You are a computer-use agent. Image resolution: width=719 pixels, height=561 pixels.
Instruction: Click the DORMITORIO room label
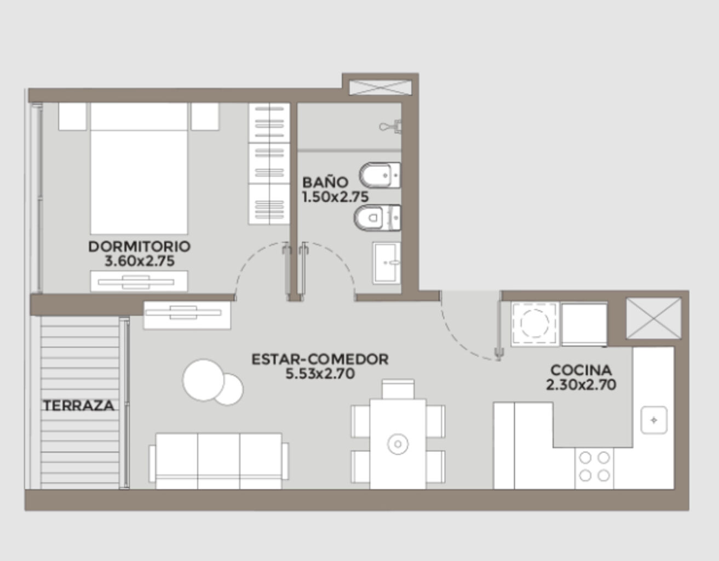coord(139,247)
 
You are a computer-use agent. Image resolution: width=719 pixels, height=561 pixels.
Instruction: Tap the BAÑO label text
coord(325,182)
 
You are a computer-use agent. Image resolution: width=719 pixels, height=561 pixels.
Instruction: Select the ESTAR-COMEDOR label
coord(320,359)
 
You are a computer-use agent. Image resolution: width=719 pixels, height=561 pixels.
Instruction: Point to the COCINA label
coord(581,370)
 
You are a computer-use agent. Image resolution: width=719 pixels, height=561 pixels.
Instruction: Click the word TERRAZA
coord(79,406)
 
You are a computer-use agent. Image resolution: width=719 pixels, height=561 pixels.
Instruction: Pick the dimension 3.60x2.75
coord(140,261)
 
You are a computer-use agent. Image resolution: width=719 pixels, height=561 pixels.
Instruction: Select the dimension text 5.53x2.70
coord(320,374)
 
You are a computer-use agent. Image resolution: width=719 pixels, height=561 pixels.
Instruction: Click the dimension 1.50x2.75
coord(335,197)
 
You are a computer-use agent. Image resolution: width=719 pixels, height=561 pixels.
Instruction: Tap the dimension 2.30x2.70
coord(581,385)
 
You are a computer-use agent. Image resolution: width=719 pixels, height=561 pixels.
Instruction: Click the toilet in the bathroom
coord(377,218)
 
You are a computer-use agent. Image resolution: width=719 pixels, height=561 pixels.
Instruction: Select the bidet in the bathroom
coord(380,175)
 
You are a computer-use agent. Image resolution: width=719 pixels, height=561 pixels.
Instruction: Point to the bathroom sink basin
coord(387,263)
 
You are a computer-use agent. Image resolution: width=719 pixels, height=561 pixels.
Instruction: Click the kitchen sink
coord(653,420)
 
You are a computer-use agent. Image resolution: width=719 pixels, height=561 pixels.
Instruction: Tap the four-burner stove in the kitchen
coord(594,468)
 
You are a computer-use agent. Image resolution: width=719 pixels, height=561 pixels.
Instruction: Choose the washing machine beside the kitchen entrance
coord(534,324)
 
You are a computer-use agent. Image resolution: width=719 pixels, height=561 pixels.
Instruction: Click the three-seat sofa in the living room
coord(218,461)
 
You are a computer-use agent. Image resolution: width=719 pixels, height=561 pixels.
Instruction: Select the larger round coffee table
coord(204,380)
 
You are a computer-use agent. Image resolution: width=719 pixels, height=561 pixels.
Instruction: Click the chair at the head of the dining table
coord(398,389)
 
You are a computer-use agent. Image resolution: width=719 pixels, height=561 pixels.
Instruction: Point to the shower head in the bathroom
coord(391,126)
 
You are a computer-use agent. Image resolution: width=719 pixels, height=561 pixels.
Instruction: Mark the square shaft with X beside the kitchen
coord(654,318)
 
